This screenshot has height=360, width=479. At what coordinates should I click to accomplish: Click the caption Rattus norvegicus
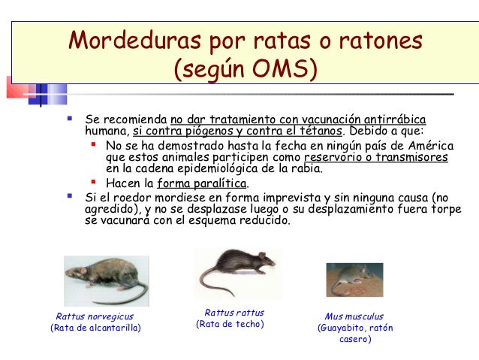(95, 316)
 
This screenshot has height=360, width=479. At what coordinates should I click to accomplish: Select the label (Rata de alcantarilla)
(95, 328)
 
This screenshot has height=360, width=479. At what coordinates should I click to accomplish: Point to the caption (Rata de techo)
(230, 324)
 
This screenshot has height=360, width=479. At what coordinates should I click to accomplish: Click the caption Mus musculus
(354, 316)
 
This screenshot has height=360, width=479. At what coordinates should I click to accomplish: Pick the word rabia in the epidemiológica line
(306, 169)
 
